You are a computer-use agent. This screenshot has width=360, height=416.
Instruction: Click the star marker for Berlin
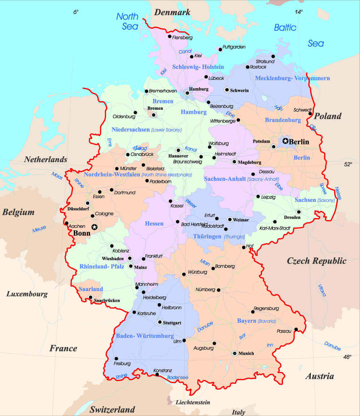click(x=286, y=141)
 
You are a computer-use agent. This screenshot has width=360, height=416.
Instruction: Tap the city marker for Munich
click(x=235, y=353)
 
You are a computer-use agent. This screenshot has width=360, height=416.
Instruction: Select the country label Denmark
click(x=172, y=12)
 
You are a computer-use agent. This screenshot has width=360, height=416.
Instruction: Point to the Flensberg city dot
click(x=170, y=36)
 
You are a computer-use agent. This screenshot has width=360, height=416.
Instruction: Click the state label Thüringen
click(x=207, y=237)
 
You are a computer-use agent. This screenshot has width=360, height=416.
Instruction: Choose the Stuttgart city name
click(x=172, y=322)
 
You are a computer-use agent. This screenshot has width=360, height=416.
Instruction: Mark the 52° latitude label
click(x=348, y=164)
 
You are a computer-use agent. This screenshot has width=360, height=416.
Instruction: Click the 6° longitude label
click(x=76, y=12)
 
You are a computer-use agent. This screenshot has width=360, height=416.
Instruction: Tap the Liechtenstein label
click(x=193, y=402)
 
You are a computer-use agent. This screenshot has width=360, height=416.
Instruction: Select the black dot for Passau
click(x=296, y=329)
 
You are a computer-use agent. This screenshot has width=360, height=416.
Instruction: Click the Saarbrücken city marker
click(x=90, y=297)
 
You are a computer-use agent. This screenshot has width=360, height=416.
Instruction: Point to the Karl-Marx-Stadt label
click(x=275, y=228)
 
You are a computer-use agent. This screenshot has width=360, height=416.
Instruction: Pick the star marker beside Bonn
click(x=94, y=227)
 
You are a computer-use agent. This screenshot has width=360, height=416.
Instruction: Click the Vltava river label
click(x=322, y=290)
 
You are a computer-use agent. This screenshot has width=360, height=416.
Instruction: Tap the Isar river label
click(x=242, y=336)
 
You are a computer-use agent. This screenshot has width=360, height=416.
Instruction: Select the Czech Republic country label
click(x=316, y=261)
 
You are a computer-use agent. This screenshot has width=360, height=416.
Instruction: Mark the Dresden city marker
click(x=299, y=212)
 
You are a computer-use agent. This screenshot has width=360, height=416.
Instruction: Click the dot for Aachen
click(x=67, y=223)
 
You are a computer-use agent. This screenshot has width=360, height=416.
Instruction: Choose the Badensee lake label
click(x=177, y=377)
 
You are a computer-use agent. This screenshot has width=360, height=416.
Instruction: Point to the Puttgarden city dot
click(x=220, y=49)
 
